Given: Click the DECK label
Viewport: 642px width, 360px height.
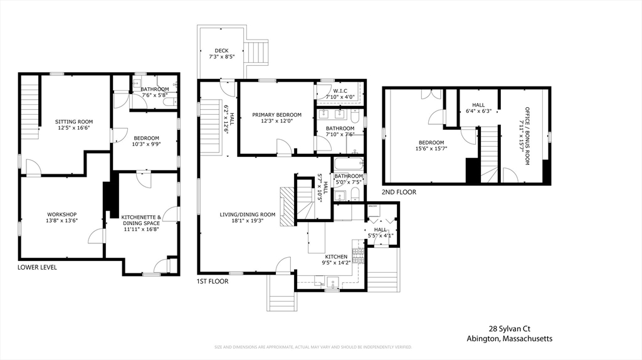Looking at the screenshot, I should tap(221, 51).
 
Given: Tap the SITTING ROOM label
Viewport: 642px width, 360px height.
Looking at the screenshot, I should tap(74, 122).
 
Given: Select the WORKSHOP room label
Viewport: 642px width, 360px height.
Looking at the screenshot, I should tap(62, 214).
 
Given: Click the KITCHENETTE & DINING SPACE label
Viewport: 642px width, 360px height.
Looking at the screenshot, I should tap(141, 220).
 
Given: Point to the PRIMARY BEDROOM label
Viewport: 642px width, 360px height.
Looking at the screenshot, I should tap(276, 115).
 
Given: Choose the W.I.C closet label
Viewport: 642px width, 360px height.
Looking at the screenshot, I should tap(344, 90).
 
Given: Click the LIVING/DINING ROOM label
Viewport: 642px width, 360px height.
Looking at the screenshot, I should tap(247, 214).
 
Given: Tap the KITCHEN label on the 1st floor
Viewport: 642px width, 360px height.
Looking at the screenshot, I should tap(336, 257).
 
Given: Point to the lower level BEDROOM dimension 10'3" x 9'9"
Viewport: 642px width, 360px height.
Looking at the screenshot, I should tap(145, 145).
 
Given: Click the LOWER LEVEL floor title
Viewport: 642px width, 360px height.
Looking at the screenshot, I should tap(37, 267).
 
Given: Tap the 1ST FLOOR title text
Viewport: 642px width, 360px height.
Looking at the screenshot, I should tap(213, 282).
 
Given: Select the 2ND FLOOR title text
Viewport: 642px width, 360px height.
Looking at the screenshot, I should tap(399, 192).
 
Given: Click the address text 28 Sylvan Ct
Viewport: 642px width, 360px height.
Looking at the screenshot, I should tap(509, 328).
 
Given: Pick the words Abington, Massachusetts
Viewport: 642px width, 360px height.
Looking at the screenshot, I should tap(509, 339).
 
